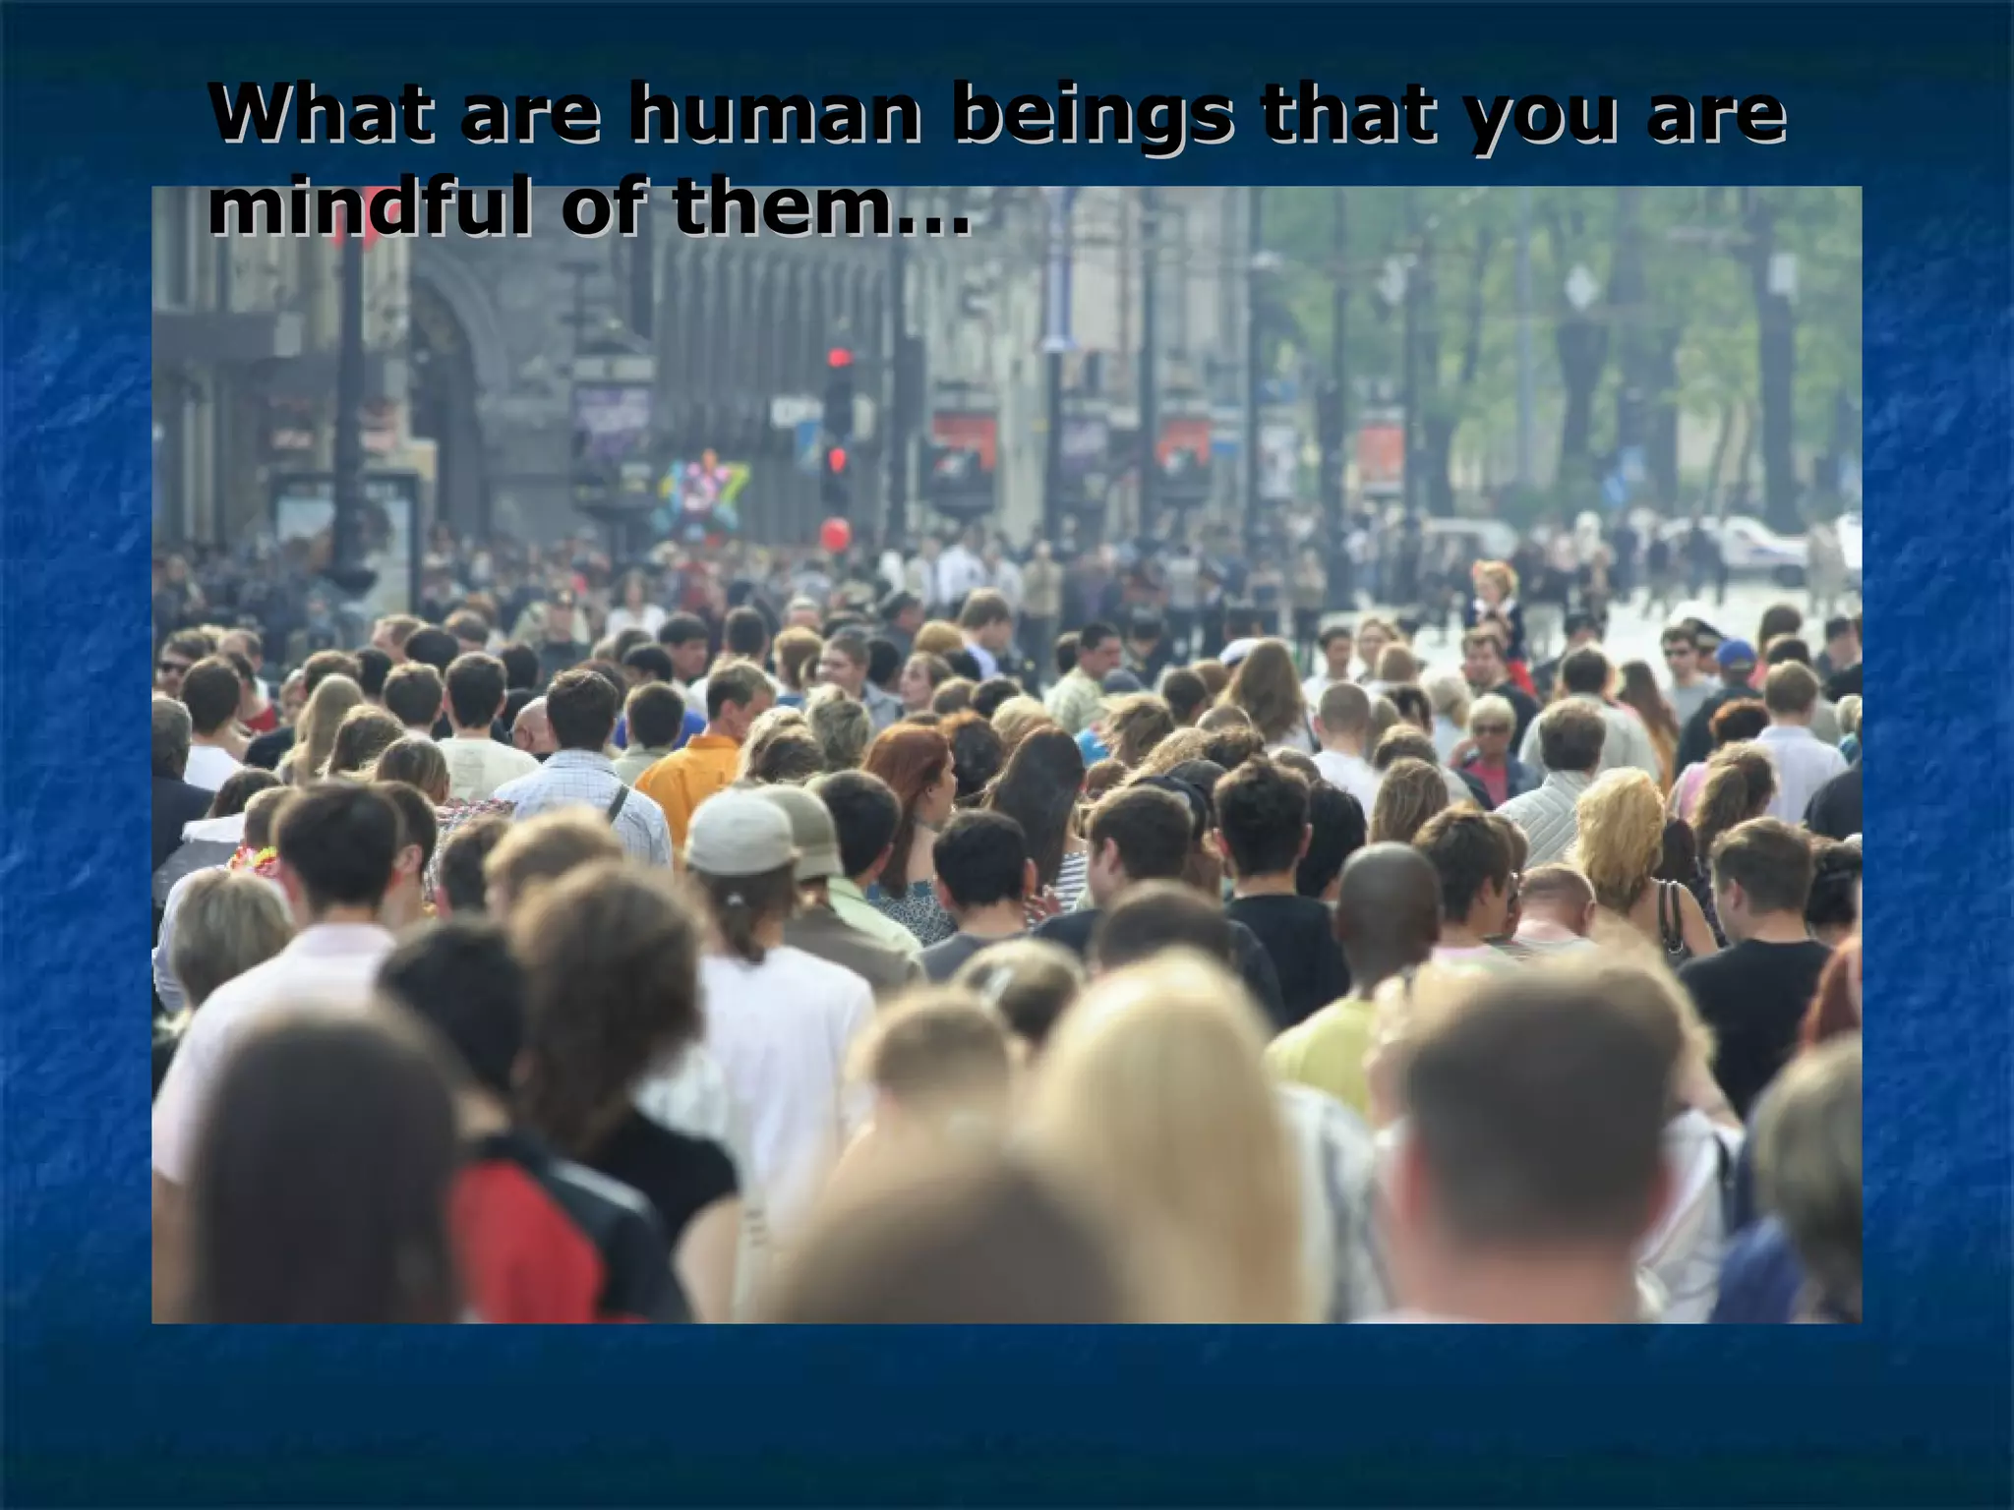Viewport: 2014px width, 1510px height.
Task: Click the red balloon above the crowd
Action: [x=835, y=535]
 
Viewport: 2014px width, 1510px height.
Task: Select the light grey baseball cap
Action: [x=740, y=832]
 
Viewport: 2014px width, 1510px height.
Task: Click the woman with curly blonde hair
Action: [x=1623, y=826]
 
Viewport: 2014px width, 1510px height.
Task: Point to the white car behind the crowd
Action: [x=1760, y=547]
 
